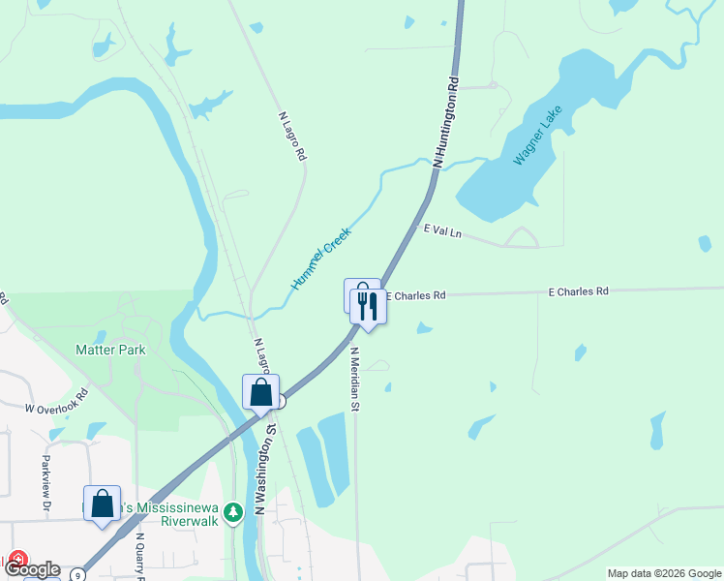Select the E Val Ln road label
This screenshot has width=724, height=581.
pyautogui.click(x=442, y=230)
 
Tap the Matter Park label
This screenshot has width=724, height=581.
pyautogui.click(x=110, y=348)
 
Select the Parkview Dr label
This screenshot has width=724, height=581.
pyautogui.click(x=45, y=483)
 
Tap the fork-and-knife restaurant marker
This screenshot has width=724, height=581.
pyautogui.click(x=368, y=306)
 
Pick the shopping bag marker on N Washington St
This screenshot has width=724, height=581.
pyautogui.click(x=260, y=393)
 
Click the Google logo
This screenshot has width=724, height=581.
pyautogui.click(x=31, y=569)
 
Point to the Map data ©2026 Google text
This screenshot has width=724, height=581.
pyautogui.click(x=664, y=573)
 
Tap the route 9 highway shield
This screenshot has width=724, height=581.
pyautogui.click(x=77, y=574)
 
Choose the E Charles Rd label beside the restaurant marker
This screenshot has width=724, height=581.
pyautogui.click(x=416, y=294)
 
